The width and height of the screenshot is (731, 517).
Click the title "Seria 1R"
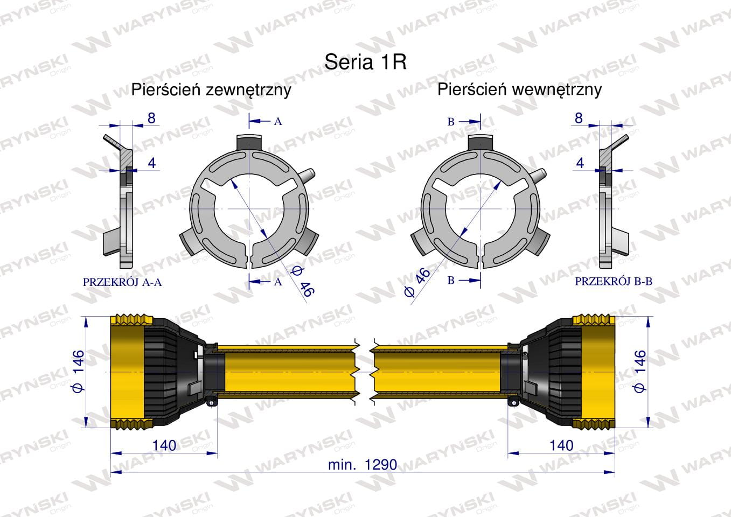point(365,61)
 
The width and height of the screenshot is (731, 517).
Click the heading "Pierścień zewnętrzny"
point(211,90)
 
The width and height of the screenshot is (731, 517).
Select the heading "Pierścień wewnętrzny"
point(519,90)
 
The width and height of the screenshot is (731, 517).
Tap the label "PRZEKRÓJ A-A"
point(122,282)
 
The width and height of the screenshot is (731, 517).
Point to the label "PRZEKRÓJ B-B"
point(614,282)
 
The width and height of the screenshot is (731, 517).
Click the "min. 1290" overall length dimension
point(363,465)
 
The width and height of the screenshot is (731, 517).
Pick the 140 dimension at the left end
point(164,445)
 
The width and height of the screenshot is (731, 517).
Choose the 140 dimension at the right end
point(561,445)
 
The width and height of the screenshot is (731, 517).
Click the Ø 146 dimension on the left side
point(79,372)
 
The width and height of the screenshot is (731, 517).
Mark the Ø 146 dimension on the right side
point(639,372)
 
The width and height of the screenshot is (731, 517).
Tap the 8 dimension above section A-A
point(151,118)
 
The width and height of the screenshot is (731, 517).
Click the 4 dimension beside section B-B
point(580,163)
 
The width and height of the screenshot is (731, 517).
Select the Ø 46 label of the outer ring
point(302,281)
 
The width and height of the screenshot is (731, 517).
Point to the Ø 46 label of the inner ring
point(418,283)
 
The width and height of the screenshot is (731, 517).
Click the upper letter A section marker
point(278,121)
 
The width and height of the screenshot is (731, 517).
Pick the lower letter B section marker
point(451,280)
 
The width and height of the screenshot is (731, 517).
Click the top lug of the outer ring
point(249,142)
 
